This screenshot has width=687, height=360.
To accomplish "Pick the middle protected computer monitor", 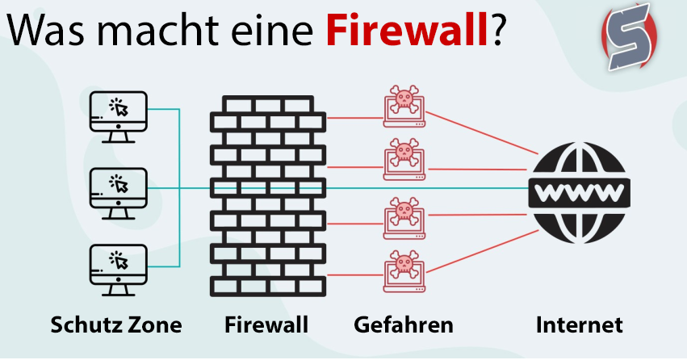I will click(118, 191).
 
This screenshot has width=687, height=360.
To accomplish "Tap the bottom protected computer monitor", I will click(118, 267).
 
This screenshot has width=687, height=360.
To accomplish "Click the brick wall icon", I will click(268, 195).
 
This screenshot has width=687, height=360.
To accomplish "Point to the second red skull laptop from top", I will click(401, 159).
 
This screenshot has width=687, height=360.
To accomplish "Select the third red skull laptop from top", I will click(401, 216).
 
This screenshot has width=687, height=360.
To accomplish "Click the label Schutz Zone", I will click(116, 326).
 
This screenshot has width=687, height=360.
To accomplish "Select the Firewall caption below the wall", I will click(266, 326).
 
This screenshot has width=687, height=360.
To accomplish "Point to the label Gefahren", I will click(404, 326).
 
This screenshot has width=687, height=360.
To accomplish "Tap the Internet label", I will click(580, 326).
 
